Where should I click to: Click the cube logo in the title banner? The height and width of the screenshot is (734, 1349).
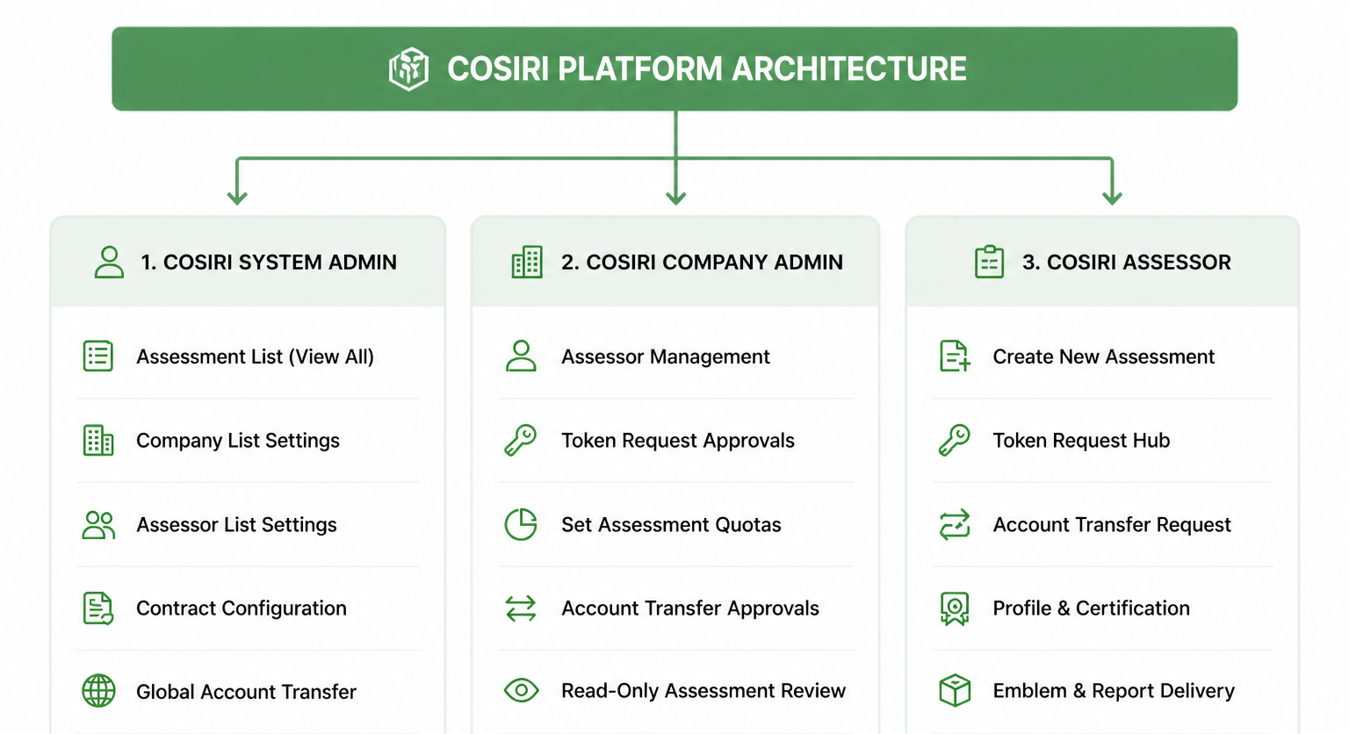409,68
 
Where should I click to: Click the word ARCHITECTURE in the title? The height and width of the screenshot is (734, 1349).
849,68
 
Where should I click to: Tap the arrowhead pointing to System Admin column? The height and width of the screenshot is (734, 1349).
237,197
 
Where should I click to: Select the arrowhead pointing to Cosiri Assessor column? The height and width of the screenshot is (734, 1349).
1112,197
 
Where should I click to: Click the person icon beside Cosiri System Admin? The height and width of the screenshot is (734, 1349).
109,262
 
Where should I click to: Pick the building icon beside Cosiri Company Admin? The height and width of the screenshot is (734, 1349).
527,262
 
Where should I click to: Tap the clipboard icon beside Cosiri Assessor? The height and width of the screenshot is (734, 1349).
990,262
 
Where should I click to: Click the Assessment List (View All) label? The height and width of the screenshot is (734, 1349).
255,356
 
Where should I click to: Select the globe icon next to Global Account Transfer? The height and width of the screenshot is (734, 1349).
98,691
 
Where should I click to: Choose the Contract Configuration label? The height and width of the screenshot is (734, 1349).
242,608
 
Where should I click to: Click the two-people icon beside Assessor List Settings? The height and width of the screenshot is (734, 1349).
98,524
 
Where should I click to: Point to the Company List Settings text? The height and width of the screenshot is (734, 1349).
238,440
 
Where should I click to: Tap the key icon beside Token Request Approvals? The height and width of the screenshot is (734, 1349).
520,440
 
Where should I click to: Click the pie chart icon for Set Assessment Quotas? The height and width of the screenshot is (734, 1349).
521,524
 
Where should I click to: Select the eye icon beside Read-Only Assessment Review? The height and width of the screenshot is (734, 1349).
521,690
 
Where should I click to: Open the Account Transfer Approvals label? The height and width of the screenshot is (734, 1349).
690,608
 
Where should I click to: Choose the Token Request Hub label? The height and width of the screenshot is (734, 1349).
1081,440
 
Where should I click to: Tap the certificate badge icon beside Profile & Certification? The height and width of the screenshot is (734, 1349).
955,608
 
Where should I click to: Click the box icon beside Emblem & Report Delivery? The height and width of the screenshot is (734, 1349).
956,690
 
